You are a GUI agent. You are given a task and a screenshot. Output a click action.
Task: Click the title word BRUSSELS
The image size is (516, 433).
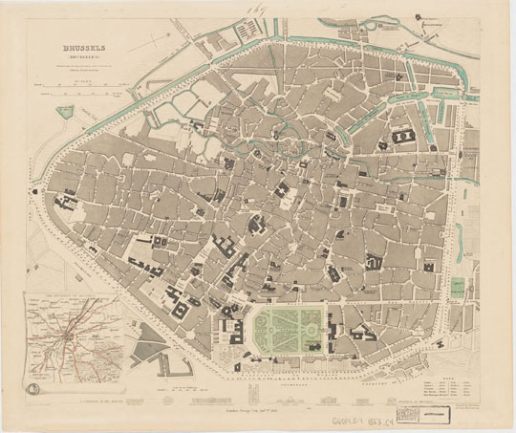84,44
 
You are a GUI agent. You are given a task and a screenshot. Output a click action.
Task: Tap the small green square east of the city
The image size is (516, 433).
459,286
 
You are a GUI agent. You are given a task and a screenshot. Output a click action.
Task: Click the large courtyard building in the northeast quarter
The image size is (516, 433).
402,141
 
